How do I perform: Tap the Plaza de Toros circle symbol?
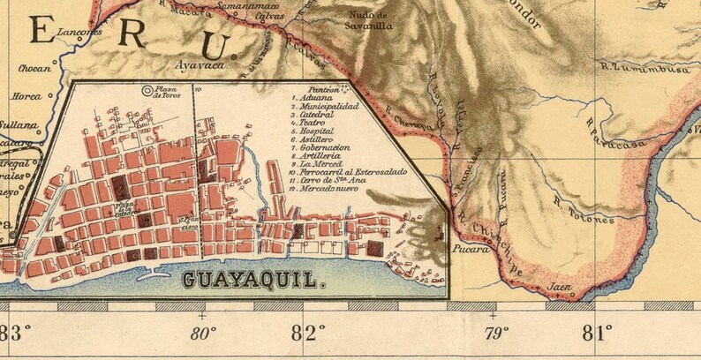click(147, 89)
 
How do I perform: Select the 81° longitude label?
click(598, 334)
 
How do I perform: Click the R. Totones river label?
click(582, 211)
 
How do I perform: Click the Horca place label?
click(26, 95)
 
